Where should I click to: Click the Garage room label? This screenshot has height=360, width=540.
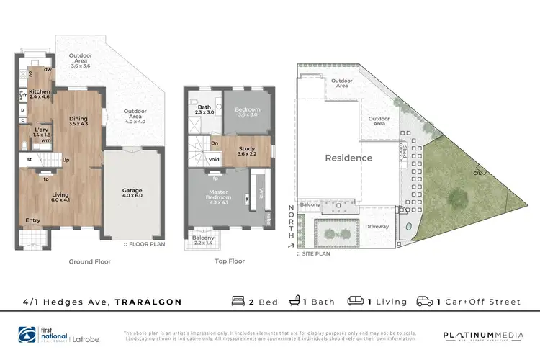click(x=132, y=191)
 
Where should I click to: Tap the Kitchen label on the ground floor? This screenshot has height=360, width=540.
click(x=39, y=92)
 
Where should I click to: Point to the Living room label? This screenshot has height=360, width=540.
click(x=61, y=194)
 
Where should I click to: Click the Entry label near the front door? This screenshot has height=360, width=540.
click(x=33, y=220)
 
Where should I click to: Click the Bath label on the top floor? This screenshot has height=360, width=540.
click(x=205, y=108)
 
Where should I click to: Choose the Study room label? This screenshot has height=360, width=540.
click(x=247, y=150)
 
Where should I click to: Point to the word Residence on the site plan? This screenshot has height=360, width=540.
click(x=348, y=158)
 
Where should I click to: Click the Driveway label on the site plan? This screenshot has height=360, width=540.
click(x=376, y=226)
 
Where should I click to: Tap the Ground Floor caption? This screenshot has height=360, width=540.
click(x=89, y=262)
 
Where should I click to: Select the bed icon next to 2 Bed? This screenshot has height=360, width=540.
click(x=238, y=301)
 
